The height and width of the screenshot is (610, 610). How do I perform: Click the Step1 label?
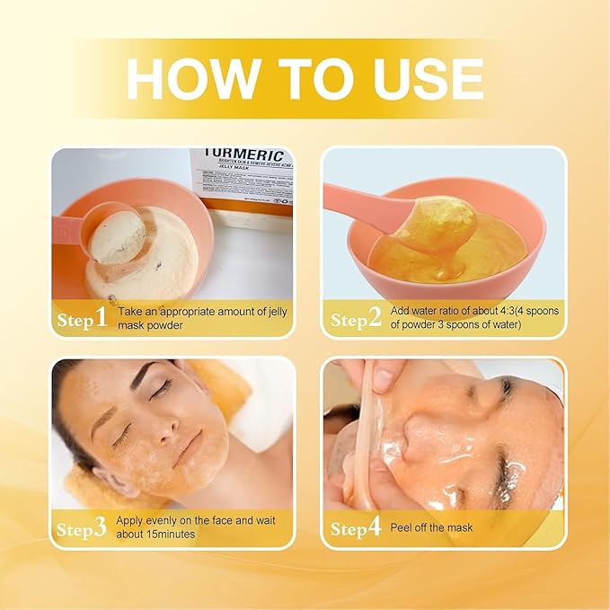[x=83, y=319]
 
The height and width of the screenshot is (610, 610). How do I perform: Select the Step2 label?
[x=357, y=319]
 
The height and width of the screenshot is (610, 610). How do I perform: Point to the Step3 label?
[x=83, y=528]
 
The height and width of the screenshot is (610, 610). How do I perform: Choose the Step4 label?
[x=357, y=528]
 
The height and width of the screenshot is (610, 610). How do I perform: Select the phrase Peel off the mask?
[x=432, y=527]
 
